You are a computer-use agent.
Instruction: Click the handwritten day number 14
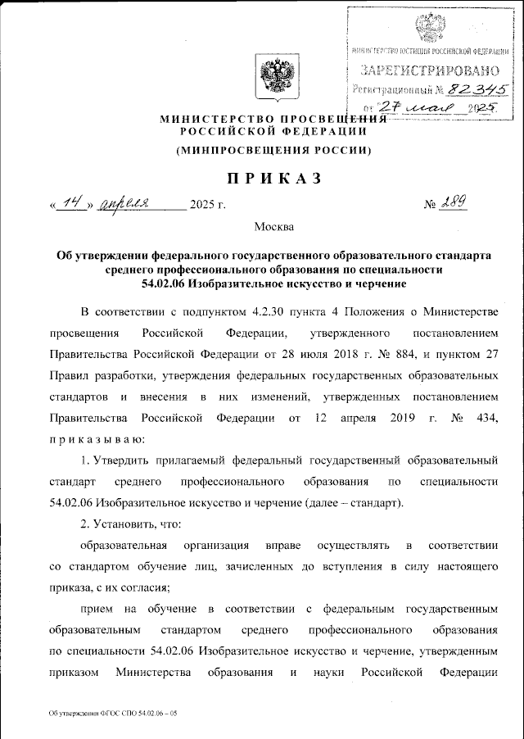tap(71, 203)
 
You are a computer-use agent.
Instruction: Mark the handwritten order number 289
tap(454, 202)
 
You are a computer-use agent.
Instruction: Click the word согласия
tap(148, 587)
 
